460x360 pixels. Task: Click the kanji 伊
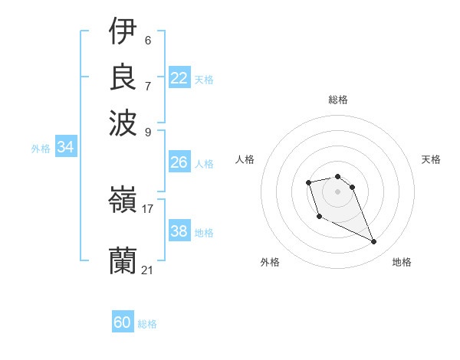click(x=123, y=32)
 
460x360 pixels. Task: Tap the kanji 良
click(x=123, y=77)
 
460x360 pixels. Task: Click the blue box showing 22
click(x=179, y=78)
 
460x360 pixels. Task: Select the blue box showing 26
click(x=179, y=162)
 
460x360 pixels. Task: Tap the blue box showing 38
click(x=179, y=231)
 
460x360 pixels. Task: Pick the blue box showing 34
click(x=65, y=148)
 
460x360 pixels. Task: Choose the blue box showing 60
click(x=123, y=322)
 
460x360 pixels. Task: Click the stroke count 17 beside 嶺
click(x=148, y=208)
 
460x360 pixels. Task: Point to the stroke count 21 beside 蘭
click(x=148, y=270)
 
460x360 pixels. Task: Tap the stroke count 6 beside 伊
click(x=148, y=40)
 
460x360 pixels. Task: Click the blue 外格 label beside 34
click(x=41, y=149)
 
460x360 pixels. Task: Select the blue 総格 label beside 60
click(x=147, y=324)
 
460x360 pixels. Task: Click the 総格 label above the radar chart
click(x=337, y=100)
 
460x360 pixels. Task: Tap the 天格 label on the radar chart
click(x=431, y=159)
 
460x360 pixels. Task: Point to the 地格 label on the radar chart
click(x=402, y=262)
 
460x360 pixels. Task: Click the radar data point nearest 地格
click(x=374, y=242)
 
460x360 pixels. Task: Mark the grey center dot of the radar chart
click(x=337, y=191)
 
